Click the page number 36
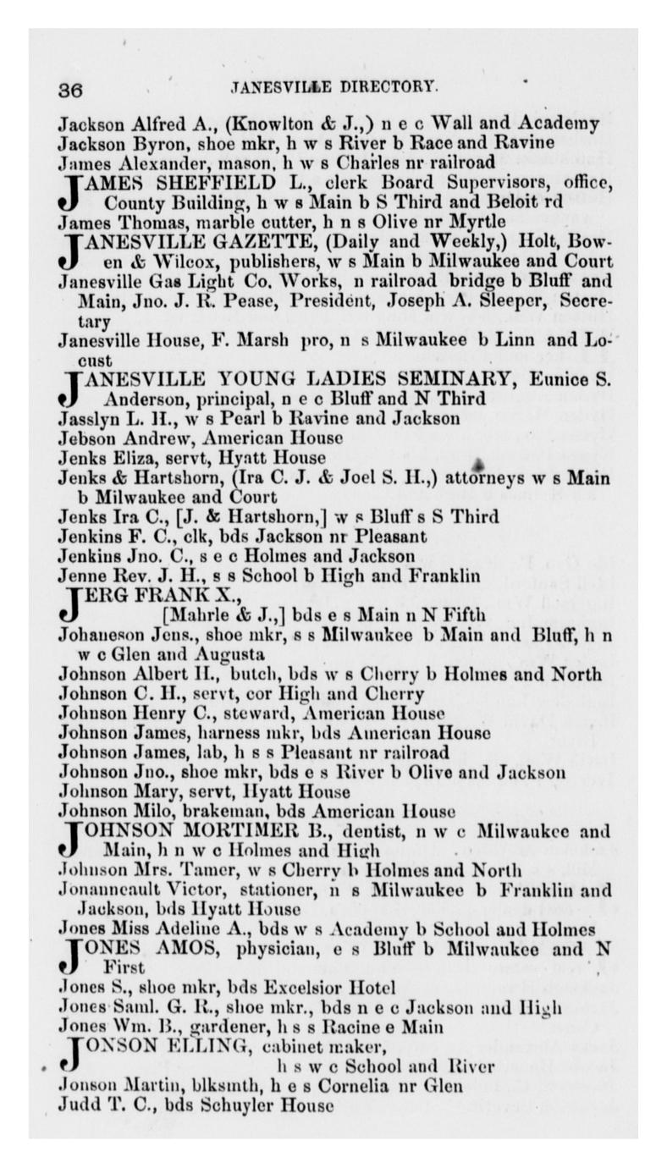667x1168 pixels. tap(69, 89)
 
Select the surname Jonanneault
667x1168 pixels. tap(109, 890)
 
